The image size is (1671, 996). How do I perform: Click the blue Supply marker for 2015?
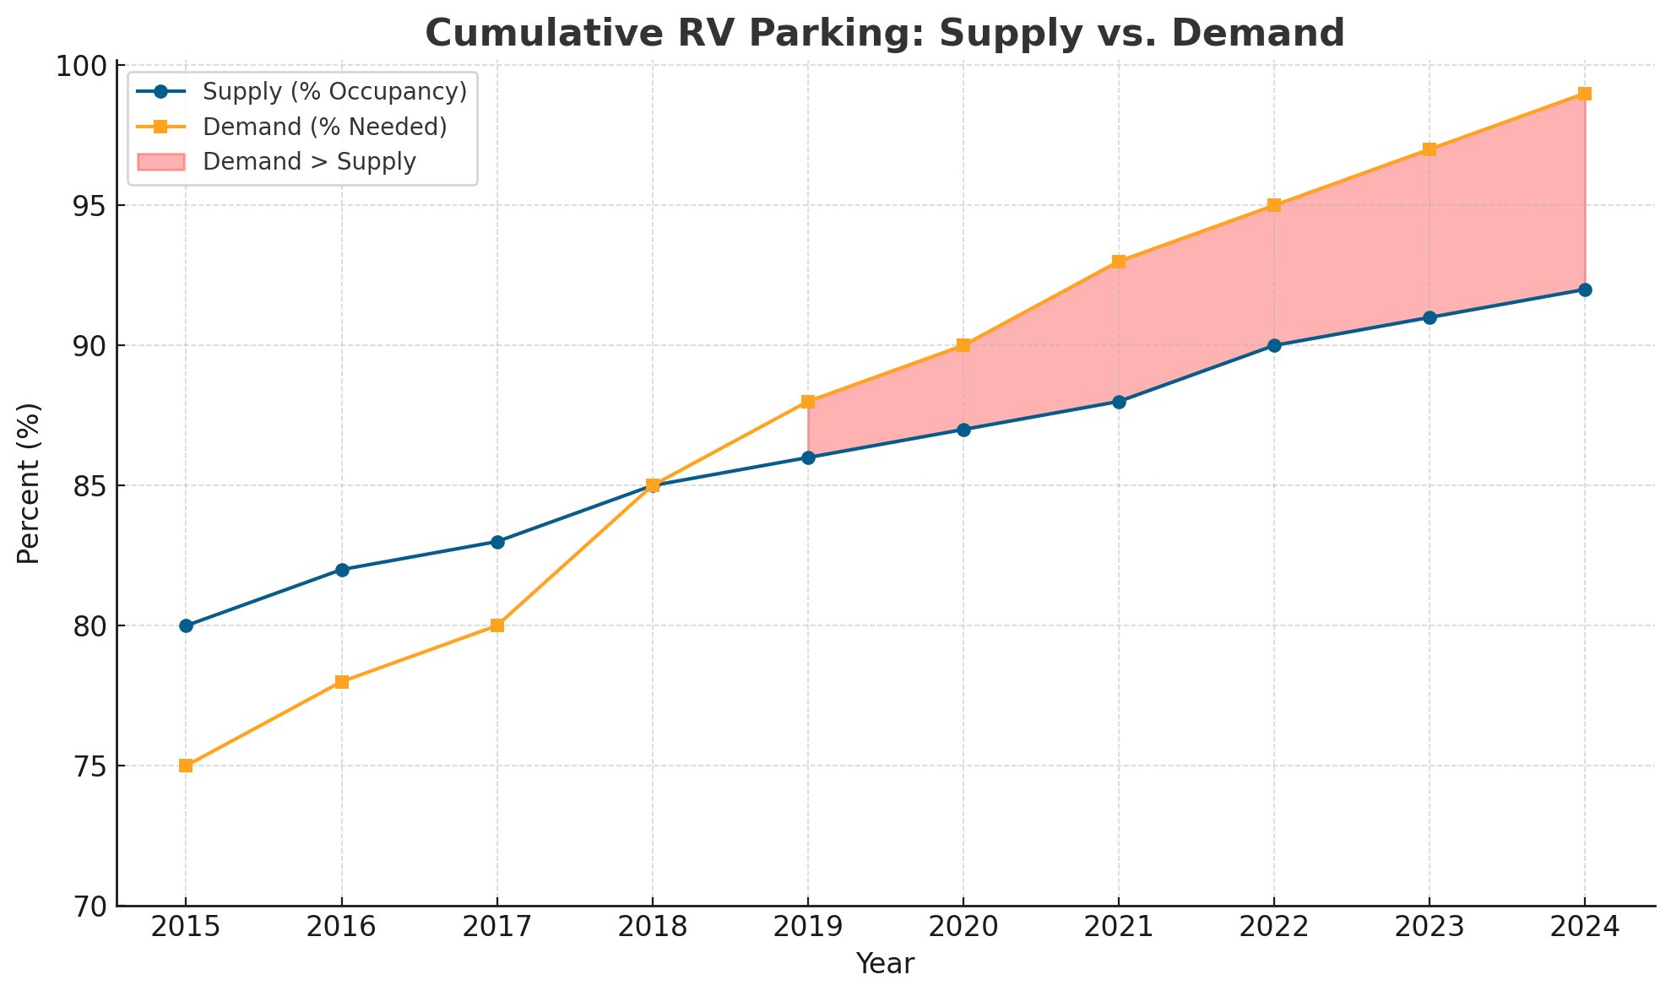(186, 625)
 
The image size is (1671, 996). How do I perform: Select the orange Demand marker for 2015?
(186, 766)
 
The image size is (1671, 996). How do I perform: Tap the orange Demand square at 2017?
(497, 625)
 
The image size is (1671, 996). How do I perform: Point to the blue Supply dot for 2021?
(1119, 402)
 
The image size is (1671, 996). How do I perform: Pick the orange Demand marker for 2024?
(1585, 94)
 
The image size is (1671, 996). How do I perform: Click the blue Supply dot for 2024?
(1585, 290)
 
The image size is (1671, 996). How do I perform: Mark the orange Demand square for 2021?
(1119, 262)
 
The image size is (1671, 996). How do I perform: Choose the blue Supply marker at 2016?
(342, 570)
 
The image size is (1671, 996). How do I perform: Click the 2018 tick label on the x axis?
(652, 927)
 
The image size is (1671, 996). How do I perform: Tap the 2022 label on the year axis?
(1274, 927)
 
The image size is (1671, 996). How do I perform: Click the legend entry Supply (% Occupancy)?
(334, 91)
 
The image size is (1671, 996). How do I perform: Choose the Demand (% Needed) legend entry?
(324, 127)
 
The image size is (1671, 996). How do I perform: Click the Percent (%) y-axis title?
(29, 484)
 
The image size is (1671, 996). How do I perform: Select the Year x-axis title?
(885, 964)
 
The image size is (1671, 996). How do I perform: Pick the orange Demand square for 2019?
(808, 402)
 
